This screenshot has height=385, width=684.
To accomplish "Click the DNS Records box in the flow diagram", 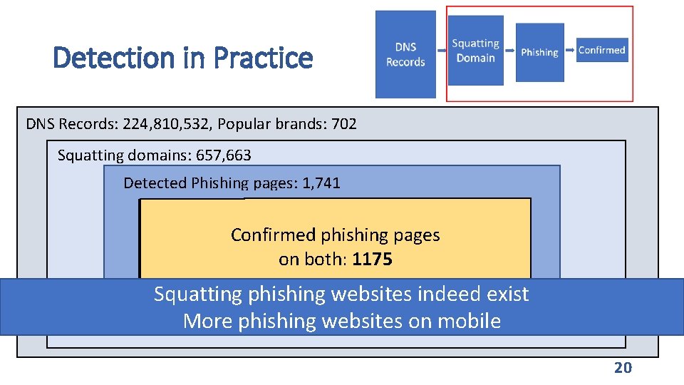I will [405, 54].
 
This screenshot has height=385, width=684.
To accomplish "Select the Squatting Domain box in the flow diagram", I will [476, 50].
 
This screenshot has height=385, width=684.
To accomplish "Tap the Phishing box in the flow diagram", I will [539, 52].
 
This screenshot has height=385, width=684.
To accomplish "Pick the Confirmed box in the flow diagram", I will [602, 50].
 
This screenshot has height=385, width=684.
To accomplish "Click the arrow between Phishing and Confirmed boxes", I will [570, 51].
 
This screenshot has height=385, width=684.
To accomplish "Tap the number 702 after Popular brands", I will [343, 124].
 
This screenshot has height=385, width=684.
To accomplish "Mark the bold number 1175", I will [372, 259].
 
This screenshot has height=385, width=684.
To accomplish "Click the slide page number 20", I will [623, 367].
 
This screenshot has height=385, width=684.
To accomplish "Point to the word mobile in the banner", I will [467, 321].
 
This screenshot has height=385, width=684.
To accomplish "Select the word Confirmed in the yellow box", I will [274, 235].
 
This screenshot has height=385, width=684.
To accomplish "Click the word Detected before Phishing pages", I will [155, 183].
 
